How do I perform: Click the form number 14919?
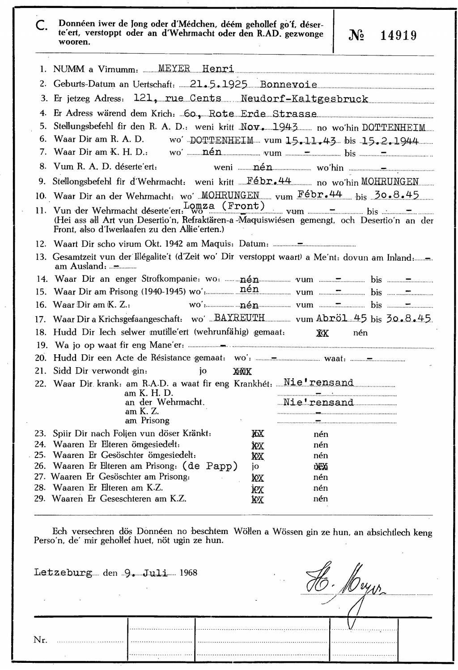click(x=398, y=36)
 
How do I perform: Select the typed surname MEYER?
click(x=174, y=68)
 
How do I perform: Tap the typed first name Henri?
click(x=218, y=68)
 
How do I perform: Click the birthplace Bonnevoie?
click(x=288, y=84)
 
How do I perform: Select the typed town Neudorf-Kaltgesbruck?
click(x=304, y=99)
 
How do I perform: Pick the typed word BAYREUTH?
click(x=239, y=318)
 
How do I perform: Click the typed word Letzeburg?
click(x=63, y=573)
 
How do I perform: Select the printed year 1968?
click(x=188, y=573)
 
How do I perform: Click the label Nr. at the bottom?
click(x=40, y=640)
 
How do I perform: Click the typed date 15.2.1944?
click(x=390, y=141)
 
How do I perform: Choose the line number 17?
click(x=41, y=319)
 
